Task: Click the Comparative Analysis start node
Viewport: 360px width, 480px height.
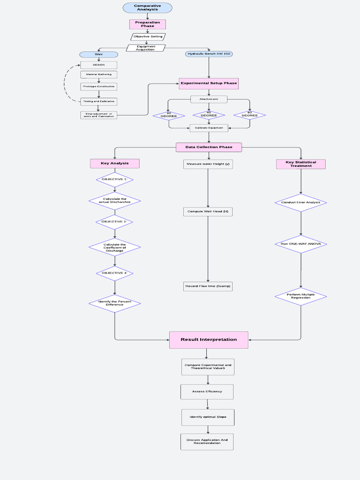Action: point(147,7)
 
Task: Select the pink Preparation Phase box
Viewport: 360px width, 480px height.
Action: point(147,24)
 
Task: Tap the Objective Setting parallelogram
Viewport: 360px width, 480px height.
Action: point(148,37)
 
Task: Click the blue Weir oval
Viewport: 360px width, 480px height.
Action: point(98,54)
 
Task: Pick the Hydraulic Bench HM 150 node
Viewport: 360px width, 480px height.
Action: point(209,54)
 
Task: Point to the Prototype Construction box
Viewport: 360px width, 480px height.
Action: point(98,87)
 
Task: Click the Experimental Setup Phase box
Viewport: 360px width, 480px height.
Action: point(209,83)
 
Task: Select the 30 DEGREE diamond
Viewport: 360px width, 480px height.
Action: point(169,115)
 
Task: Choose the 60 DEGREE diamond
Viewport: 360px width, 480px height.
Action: point(249,115)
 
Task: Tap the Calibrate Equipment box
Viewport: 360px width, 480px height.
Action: point(209,127)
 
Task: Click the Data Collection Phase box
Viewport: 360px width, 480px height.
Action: point(209,147)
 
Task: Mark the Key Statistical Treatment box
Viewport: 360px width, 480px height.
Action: point(300,164)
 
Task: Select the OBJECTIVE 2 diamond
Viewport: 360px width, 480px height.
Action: point(114,222)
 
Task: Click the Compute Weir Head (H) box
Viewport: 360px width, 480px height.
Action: point(208,212)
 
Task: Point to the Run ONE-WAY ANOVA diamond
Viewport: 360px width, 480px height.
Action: point(300,244)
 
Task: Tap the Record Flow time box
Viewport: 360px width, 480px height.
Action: point(208,286)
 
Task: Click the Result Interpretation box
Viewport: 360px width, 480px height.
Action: point(209,340)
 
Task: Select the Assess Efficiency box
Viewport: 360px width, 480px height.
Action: point(207,391)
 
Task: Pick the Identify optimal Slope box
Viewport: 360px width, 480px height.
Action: point(208,417)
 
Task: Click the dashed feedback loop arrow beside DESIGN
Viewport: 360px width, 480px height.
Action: point(65,83)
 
